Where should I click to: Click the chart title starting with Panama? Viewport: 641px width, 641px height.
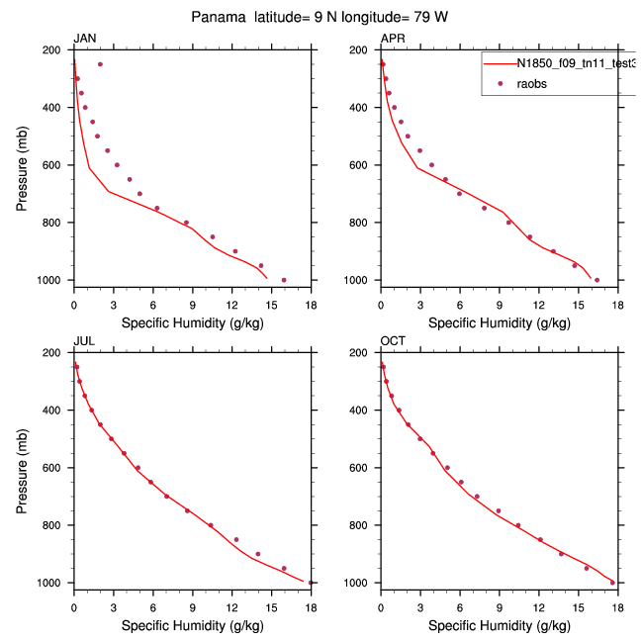coord(320,18)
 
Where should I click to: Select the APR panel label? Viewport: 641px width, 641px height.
coord(392,39)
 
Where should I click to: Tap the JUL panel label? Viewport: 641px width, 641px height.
coord(83,342)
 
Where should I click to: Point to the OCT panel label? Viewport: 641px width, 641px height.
coord(393,342)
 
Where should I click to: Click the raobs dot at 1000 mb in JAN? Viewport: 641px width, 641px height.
coord(284,280)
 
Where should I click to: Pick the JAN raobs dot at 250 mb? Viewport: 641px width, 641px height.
coord(100,64)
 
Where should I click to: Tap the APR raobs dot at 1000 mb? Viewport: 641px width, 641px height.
coord(596,280)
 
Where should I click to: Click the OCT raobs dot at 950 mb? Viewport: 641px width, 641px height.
coord(587,568)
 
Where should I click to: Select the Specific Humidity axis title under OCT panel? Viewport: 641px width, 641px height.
coord(500,626)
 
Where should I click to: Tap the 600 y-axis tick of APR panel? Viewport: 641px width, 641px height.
coord(362,165)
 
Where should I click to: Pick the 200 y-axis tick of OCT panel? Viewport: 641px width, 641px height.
coord(362,353)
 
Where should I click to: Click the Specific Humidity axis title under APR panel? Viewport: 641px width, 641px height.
coord(500,322)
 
